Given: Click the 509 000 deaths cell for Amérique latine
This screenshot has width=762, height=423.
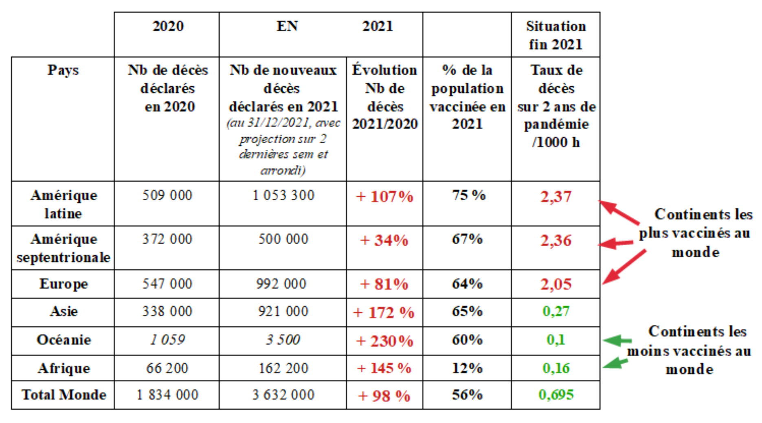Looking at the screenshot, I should pyautogui.click(x=167, y=195).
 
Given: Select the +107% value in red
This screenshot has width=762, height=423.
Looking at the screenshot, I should pyautogui.click(x=384, y=197).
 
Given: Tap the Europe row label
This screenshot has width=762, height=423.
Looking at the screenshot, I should pyautogui.click(x=64, y=284).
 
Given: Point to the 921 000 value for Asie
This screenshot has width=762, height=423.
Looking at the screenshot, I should pyautogui.click(x=283, y=311).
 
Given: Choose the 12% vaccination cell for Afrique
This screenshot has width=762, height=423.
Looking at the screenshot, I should pyautogui.click(x=467, y=368).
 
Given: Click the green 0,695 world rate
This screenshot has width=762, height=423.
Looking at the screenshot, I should pyautogui.click(x=556, y=395).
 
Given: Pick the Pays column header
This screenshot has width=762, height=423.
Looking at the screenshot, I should pyautogui.click(x=63, y=70).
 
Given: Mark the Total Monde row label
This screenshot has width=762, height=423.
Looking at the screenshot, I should pyautogui.click(x=64, y=395).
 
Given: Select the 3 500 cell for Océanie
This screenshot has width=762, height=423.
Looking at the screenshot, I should pyautogui.click(x=283, y=340).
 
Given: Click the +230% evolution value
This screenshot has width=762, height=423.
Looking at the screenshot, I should pyautogui.click(x=384, y=341).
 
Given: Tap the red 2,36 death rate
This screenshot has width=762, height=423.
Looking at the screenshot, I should pyautogui.click(x=556, y=240).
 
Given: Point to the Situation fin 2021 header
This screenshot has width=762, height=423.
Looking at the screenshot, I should pyautogui.click(x=556, y=35).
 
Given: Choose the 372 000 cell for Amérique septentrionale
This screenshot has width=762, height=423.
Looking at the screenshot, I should pyautogui.click(x=167, y=239).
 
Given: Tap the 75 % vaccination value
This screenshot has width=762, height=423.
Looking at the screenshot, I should pyautogui.click(x=468, y=195).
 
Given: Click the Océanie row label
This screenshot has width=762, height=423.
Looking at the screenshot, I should pyautogui.click(x=64, y=340).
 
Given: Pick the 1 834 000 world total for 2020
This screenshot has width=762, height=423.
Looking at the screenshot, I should pyautogui.click(x=167, y=395).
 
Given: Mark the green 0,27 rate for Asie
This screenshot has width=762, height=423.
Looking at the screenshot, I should pyautogui.click(x=556, y=311).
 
